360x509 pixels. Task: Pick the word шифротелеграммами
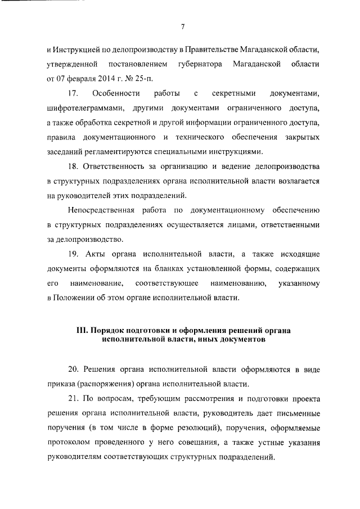pos(82,107)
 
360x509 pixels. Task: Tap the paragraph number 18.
pos(73,167)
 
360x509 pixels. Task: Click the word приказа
pos(61,383)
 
